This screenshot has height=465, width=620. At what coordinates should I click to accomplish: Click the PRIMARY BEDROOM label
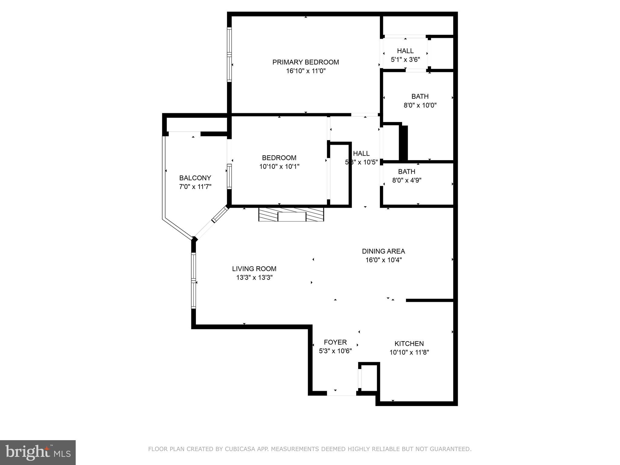305,62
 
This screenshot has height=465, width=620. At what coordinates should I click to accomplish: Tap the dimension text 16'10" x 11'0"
305,71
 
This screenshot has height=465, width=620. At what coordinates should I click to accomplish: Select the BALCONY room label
195,178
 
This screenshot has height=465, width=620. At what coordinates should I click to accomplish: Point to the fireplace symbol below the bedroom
291,214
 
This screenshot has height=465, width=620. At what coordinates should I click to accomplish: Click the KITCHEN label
409,344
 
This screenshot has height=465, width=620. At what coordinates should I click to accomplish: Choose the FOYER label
335,342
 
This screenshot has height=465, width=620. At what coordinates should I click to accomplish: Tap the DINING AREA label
383,251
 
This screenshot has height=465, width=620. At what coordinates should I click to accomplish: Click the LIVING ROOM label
254,269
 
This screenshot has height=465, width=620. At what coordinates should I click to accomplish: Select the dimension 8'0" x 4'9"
407,180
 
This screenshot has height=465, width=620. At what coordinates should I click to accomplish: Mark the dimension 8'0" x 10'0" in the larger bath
420,105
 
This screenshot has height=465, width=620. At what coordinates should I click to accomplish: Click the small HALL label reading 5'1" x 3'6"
405,51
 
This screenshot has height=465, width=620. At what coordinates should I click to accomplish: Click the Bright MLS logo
38,453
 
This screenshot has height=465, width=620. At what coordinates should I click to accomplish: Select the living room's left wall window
193,281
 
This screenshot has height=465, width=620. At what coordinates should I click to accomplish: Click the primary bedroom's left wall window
229,54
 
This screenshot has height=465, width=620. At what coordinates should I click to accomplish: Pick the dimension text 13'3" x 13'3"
254,278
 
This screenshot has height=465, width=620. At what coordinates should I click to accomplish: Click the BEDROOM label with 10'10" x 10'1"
279,158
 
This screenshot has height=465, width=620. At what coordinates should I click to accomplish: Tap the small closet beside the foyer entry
368,378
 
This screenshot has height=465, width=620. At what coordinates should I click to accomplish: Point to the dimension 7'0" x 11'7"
195,186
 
